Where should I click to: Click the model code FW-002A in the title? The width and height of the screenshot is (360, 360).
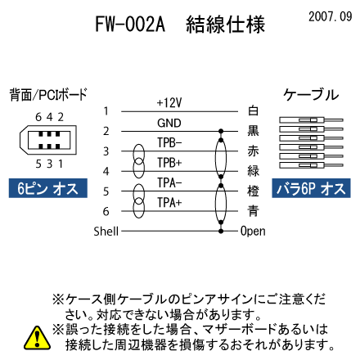click(x=130, y=24)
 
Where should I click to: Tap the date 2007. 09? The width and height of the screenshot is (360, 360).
click(x=331, y=16)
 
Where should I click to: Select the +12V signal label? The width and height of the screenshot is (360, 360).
click(x=169, y=103)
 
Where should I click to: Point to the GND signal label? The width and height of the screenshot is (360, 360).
click(x=169, y=123)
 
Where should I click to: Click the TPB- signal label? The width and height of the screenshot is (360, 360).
click(x=169, y=142)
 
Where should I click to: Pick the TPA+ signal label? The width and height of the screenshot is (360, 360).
click(x=169, y=203)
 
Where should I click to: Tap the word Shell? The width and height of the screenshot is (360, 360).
click(x=106, y=232)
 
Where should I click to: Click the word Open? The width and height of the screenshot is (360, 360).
click(x=253, y=232)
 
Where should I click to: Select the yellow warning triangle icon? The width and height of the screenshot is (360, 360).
click(x=38, y=338)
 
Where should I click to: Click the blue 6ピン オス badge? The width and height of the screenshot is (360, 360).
click(x=48, y=188)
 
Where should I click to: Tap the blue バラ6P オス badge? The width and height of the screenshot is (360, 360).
click(x=311, y=188)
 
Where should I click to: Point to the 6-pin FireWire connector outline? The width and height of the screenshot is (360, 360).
click(x=48, y=140)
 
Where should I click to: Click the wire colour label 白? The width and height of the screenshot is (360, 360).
click(x=253, y=110)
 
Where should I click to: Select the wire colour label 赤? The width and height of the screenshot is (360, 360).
click(x=253, y=151)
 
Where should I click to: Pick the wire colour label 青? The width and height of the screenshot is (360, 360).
click(x=253, y=211)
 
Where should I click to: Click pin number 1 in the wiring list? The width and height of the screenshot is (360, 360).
click(x=106, y=111)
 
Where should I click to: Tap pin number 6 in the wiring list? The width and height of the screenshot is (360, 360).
click(x=106, y=211)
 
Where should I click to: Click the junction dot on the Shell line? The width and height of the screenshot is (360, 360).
click(x=221, y=232)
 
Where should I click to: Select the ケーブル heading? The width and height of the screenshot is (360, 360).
click(x=311, y=95)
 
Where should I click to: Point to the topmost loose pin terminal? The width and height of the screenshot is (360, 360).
click(x=311, y=120)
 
